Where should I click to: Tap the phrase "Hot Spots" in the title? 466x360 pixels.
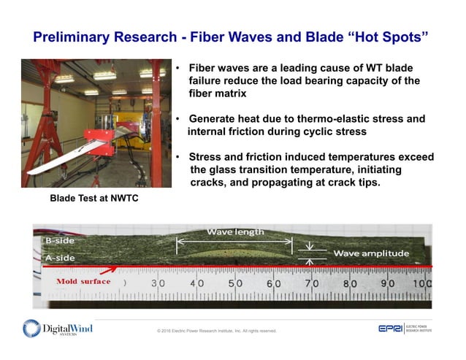tap(385, 36)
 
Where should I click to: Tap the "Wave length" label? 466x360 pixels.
tap(235, 231)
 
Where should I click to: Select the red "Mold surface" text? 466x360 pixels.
tap(86, 281)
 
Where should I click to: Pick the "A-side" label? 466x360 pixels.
tap(61, 257)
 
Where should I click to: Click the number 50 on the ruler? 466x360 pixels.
tap(235, 283)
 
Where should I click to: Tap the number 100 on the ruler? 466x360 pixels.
tap(421, 283)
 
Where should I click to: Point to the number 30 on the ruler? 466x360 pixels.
tap(158, 283)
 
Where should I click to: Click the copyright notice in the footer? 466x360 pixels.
tap(216, 331)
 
